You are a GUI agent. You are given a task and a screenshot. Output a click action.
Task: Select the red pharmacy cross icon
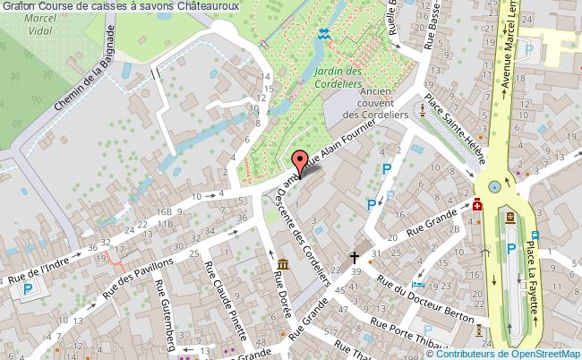477,205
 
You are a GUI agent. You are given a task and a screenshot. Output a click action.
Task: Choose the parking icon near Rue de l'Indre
30,288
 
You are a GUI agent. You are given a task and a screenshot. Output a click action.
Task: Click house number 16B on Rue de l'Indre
163,211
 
